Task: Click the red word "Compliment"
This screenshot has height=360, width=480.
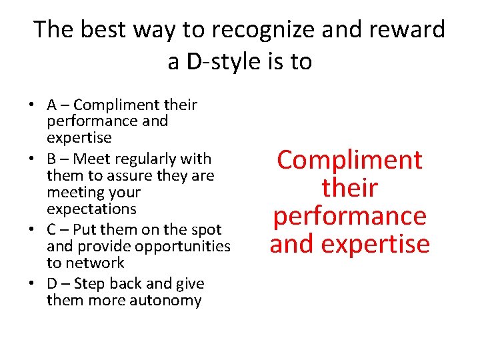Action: [349, 160]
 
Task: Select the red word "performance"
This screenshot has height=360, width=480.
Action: [349, 216]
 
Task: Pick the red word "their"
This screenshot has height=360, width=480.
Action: [349, 188]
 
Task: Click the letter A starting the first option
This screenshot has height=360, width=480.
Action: [52, 105]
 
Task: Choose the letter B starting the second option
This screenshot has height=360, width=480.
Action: [52, 159]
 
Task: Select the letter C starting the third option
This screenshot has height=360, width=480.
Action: [52, 229]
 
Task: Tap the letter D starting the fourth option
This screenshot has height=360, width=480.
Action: [53, 283]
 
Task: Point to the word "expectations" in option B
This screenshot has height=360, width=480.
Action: [91, 209]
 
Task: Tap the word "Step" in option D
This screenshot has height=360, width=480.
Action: [89, 283]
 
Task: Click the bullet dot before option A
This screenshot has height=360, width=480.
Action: [32, 105]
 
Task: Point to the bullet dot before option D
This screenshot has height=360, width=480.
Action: [32, 284]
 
